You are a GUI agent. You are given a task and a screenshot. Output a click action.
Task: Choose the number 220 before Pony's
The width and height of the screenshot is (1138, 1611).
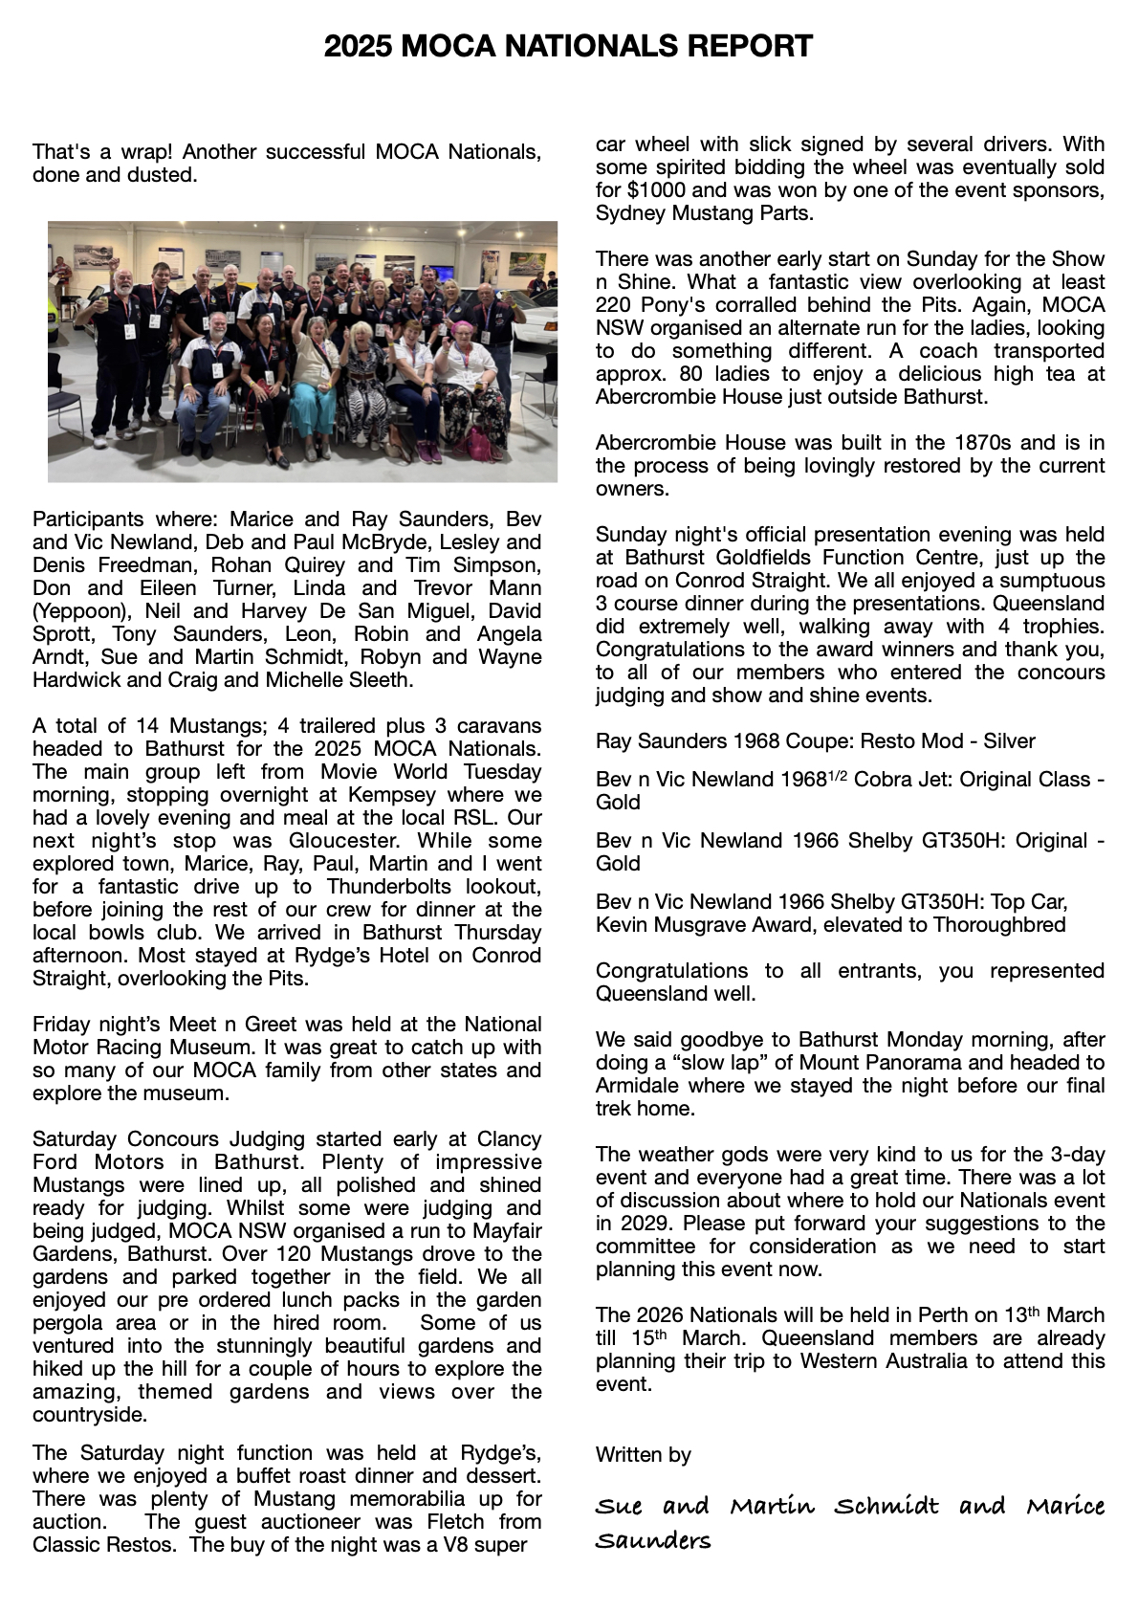[614, 305]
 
